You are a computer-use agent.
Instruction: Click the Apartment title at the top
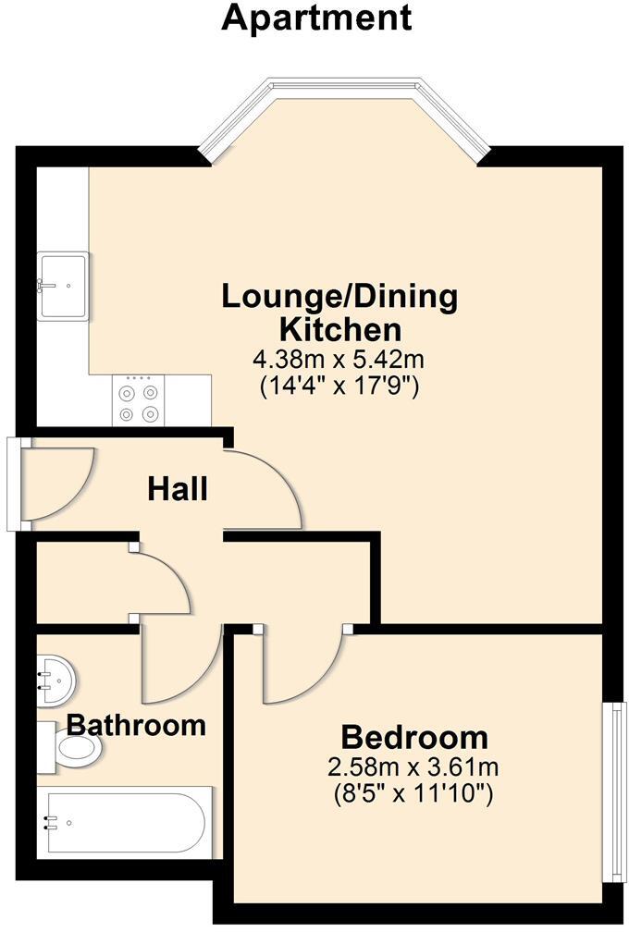pyautogui.click(x=316, y=18)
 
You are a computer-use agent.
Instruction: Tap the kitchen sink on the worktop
pyautogui.click(x=63, y=286)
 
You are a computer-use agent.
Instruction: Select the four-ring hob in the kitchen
pyautogui.click(x=137, y=401)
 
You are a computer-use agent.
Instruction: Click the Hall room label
pyautogui.click(x=178, y=489)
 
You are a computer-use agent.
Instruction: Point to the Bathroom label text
pyautogui.click(x=136, y=725)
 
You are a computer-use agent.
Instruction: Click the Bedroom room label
pyautogui.click(x=414, y=738)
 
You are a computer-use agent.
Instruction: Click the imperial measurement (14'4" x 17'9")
pyautogui.click(x=339, y=386)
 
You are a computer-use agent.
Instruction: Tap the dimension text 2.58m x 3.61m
pyautogui.click(x=413, y=766)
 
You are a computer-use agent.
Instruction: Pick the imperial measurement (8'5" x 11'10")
pyautogui.click(x=413, y=792)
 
